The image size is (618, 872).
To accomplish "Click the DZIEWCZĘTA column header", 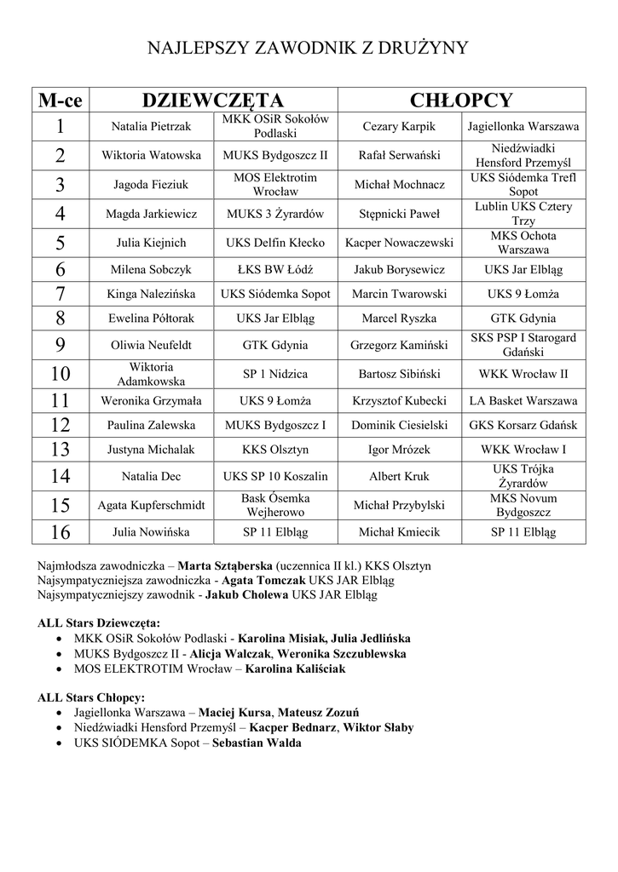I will click(212, 100).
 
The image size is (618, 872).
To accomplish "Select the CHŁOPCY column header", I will click(461, 100).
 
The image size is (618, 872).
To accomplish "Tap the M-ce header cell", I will click(60, 100).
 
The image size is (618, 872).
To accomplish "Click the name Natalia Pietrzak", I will click(151, 127).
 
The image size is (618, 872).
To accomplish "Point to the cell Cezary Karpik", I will click(399, 127).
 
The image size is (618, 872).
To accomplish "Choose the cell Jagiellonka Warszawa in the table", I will click(523, 127).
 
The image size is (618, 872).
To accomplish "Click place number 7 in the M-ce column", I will click(60, 294).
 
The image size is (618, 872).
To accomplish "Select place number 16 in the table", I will click(60, 531).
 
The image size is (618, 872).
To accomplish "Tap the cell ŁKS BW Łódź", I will click(275, 270).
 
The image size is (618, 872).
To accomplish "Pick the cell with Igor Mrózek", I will click(399, 449).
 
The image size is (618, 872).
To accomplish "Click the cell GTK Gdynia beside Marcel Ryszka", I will click(523, 318).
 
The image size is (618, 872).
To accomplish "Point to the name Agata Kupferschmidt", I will click(151, 505).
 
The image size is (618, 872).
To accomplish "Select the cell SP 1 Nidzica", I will click(275, 374).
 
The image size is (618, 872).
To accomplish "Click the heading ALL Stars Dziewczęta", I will click(98, 622).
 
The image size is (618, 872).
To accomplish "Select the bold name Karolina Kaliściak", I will click(296, 669).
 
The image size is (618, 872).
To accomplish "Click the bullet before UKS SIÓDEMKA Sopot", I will click(57, 743).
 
